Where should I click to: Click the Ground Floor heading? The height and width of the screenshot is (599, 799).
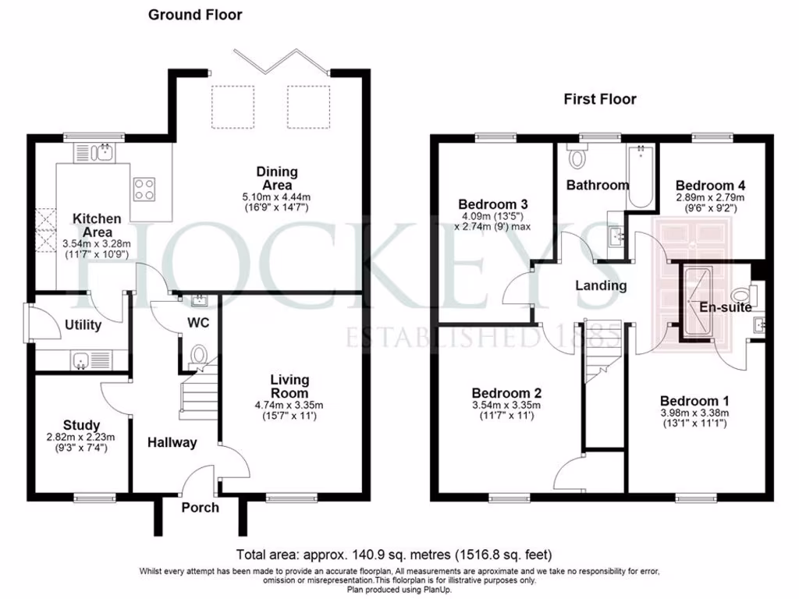tap(194, 15)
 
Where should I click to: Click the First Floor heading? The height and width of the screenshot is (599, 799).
tap(600, 99)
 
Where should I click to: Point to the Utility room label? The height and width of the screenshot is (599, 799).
tap(83, 324)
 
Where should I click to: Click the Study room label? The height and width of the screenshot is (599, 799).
tap(81, 425)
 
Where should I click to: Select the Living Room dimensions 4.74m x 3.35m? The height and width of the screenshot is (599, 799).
tap(289, 405)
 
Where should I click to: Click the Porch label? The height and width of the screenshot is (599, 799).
tap(201, 508)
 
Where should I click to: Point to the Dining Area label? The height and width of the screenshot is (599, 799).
tap(277, 179)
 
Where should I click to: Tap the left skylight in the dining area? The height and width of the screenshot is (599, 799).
tap(233, 105)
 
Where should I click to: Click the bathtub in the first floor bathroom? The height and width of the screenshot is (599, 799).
tap(640, 175)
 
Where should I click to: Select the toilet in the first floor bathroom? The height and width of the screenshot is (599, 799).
tap(579, 158)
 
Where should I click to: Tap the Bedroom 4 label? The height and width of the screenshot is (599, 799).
tap(710, 186)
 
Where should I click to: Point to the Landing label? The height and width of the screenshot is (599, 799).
tap(601, 285)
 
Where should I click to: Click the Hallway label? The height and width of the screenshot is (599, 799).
tap(172, 442)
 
